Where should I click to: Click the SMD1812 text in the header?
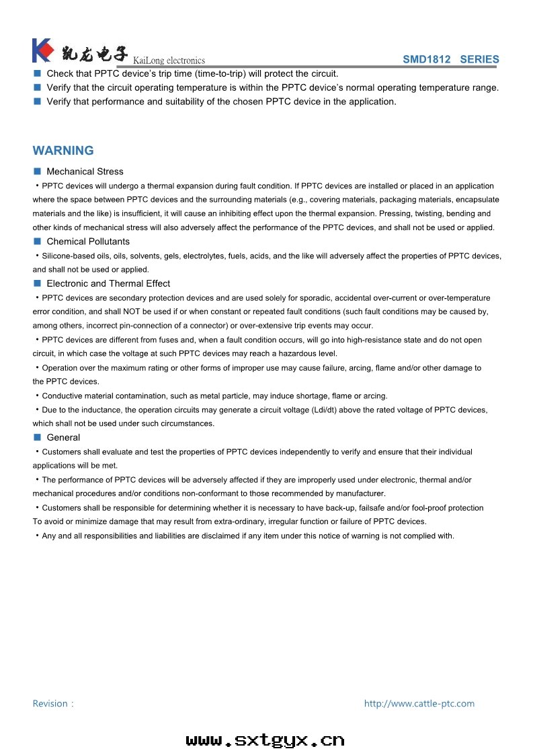click(x=426, y=59)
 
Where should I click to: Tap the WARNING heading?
click(x=63, y=151)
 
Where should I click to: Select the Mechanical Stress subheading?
click(x=85, y=172)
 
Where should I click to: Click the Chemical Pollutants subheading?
click(x=88, y=242)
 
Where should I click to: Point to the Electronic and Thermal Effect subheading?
click(x=108, y=283)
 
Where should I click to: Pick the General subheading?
click(x=63, y=437)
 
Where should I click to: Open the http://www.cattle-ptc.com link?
click(x=419, y=704)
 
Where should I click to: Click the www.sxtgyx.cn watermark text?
click(x=265, y=740)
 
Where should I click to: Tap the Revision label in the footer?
click(x=52, y=704)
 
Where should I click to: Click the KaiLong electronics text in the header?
click(x=169, y=61)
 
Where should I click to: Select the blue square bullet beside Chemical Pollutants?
click(x=38, y=242)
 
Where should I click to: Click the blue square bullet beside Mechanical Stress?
click(x=38, y=172)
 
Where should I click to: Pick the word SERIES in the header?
click(x=479, y=59)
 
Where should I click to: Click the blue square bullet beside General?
click(x=38, y=437)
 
